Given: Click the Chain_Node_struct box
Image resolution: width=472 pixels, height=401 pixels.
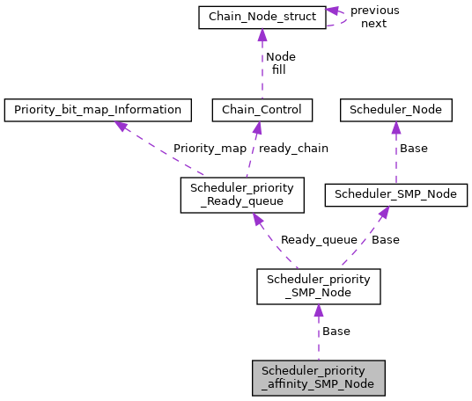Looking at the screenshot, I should [x=262, y=17].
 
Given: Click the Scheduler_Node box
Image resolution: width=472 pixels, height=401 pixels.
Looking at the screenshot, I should [x=396, y=110].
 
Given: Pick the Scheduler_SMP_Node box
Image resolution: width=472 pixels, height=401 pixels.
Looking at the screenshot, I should [x=395, y=194].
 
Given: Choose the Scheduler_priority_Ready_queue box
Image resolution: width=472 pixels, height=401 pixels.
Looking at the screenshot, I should [x=242, y=194].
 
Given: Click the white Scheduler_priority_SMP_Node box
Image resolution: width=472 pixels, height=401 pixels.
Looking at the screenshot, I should [x=318, y=287].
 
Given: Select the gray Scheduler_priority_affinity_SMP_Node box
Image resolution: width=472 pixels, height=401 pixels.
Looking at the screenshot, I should [x=318, y=377].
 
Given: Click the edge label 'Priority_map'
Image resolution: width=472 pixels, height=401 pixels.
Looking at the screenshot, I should [x=210, y=149].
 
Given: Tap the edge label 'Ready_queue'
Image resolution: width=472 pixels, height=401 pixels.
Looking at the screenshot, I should [x=319, y=239].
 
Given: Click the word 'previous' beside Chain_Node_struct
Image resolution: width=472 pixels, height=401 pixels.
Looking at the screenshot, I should [x=374, y=11].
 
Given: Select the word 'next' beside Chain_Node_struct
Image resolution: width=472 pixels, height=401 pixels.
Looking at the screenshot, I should [x=373, y=24].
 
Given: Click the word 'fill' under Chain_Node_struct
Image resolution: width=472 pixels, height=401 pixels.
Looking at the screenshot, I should [x=278, y=69].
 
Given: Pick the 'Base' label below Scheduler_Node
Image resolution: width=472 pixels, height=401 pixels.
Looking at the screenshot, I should [x=413, y=149].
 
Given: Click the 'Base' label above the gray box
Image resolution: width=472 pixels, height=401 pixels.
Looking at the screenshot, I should [x=336, y=332].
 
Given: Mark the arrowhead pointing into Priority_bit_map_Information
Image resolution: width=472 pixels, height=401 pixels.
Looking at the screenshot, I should [x=122, y=126].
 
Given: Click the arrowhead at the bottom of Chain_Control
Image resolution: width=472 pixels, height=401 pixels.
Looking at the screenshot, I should [x=257, y=128].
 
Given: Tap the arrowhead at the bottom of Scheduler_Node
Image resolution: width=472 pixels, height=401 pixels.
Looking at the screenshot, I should [x=396, y=128].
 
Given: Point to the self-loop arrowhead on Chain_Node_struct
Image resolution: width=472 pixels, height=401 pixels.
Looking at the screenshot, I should [x=333, y=11].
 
